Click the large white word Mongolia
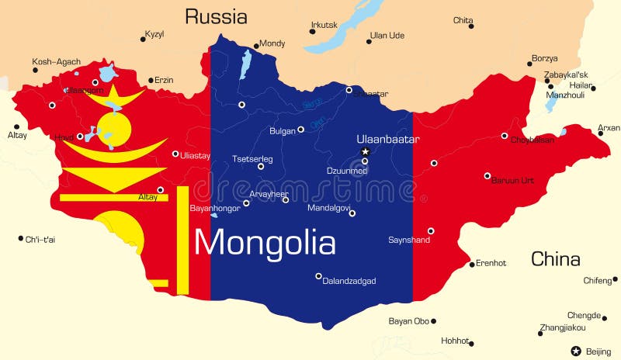pos(265,243)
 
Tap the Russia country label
pos(216,16)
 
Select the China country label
pos(555,259)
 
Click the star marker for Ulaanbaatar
pos(365,151)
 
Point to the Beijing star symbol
pos(576,351)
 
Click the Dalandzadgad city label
pos(350,281)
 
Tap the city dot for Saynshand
pos(431,230)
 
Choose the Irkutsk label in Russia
pos(324,25)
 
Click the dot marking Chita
pos(471,26)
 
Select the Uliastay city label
pos(195,155)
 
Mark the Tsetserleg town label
pos(252,159)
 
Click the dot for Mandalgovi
pos(352,213)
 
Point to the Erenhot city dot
pos(472,264)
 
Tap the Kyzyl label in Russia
pos(155,35)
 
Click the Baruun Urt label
pos(513,180)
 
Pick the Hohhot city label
pos(455,341)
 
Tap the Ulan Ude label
pos(387,35)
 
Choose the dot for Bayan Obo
pos(433,320)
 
